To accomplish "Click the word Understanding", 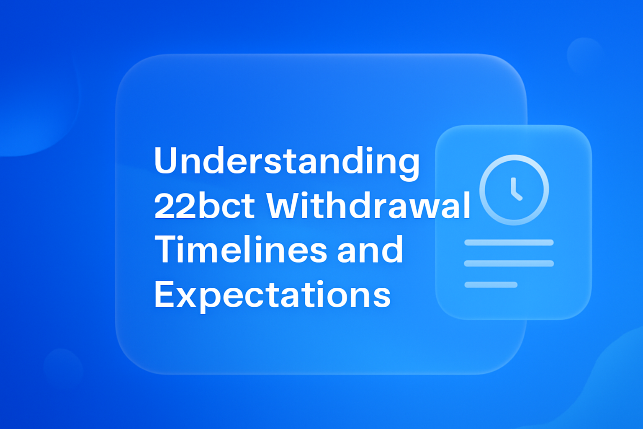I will click(x=287, y=161).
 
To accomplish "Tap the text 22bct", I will click(x=204, y=206).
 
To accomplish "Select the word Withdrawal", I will click(x=369, y=206).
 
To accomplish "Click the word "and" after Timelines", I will click(x=370, y=250).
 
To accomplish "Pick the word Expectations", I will click(x=272, y=295).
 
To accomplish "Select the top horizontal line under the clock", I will click(x=509, y=243).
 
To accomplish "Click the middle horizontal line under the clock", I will click(x=509, y=264).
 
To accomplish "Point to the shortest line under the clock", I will click(x=491, y=285).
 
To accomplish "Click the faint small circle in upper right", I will click(x=585, y=54).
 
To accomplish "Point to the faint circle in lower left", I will click(x=63, y=368).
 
